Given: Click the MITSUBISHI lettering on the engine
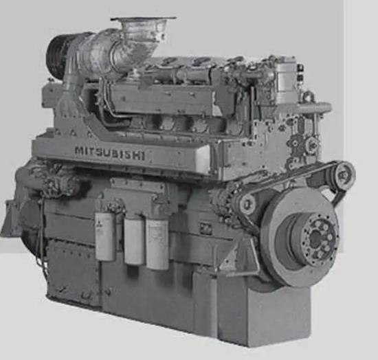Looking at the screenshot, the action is pos(110,153).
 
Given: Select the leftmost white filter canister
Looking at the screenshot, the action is pos(105,236).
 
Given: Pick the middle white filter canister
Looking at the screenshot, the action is pos(134,241).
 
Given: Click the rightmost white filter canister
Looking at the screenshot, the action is pos(157,245).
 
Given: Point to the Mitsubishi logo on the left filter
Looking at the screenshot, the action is pos(98,223).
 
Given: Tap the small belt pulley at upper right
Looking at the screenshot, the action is pos(344,175).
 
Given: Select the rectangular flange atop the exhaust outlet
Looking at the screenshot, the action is pos(144,19).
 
